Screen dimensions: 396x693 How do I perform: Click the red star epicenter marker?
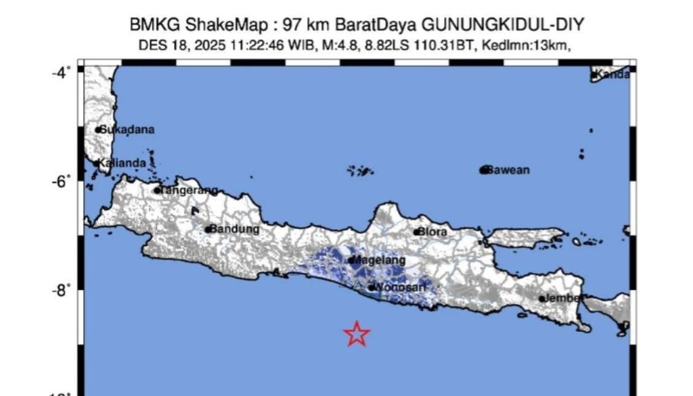357,334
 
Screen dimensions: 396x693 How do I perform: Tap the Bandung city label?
234,229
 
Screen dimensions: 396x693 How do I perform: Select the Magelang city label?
380,260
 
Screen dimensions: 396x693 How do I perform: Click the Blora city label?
432,232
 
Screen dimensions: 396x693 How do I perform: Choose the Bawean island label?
509,170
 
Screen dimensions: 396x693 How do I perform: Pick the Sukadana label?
127,129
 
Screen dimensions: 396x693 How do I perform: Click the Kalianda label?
122,163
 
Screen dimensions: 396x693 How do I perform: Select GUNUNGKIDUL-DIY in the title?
503,26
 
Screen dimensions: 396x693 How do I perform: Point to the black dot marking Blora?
416,232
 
